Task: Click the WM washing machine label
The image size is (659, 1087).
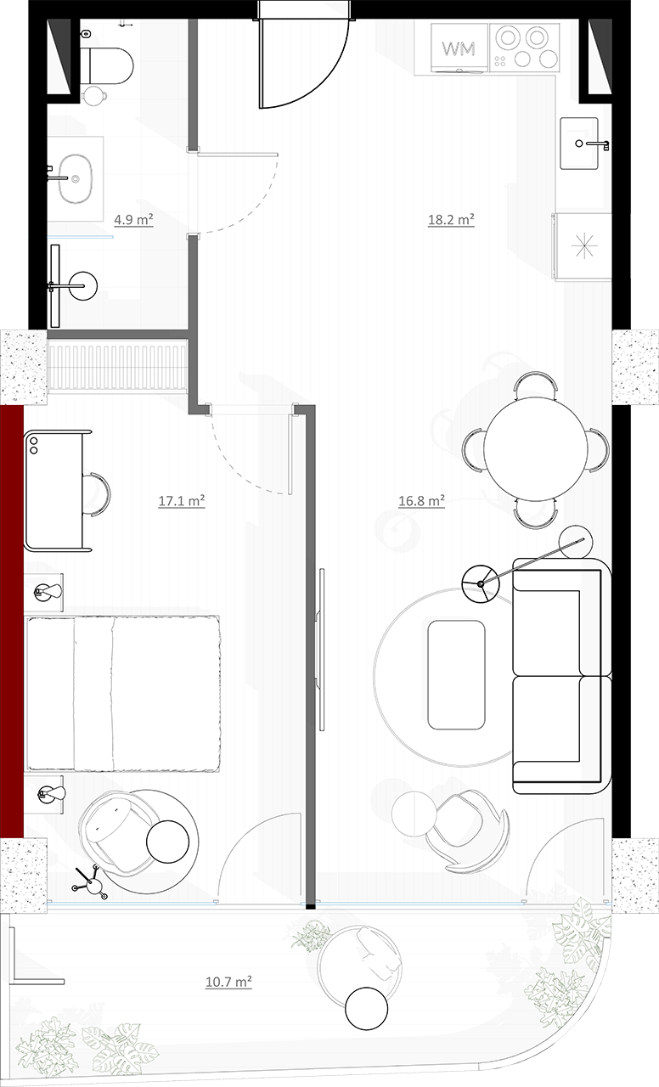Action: [458, 48]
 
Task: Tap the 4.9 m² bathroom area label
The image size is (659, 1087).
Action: [134, 220]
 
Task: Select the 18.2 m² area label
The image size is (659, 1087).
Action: [451, 220]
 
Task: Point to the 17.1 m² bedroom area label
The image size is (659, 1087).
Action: [182, 500]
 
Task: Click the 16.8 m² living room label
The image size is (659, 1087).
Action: [422, 500]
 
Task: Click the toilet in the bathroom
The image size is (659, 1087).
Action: [108, 65]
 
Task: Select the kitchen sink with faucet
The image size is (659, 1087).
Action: [580, 144]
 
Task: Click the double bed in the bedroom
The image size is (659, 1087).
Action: [123, 694]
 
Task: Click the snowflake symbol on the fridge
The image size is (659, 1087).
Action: [583, 245]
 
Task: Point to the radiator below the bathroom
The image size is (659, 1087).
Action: [117, 366]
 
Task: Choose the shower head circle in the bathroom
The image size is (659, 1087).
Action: [83, 285]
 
